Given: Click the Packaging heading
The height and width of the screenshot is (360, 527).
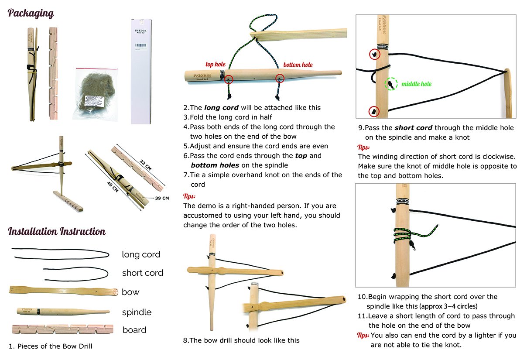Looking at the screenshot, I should pos(31,14).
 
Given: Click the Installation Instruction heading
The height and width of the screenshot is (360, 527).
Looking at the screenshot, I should pos(57,231).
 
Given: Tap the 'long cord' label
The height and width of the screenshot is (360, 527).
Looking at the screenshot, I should pos(141,254).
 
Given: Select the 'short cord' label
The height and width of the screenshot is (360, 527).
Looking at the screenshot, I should pos(142,273).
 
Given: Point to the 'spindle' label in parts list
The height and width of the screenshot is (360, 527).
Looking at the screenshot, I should pos(137,312).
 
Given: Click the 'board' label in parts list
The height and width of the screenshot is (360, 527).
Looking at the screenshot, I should pos(134,330).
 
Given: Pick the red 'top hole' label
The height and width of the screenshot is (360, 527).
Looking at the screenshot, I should pos(215,65).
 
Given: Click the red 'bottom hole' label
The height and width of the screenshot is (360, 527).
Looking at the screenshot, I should pos(298,65).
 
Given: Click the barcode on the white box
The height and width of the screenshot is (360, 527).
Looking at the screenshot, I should pos(143,45).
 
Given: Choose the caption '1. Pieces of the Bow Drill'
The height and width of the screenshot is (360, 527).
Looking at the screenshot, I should pos(51,346).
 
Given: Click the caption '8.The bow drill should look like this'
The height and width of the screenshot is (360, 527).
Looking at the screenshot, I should pos(241,340).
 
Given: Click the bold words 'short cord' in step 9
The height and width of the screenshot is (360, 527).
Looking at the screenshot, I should pos(413,128).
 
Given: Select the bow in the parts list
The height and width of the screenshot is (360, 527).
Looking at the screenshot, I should pos(64,291).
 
